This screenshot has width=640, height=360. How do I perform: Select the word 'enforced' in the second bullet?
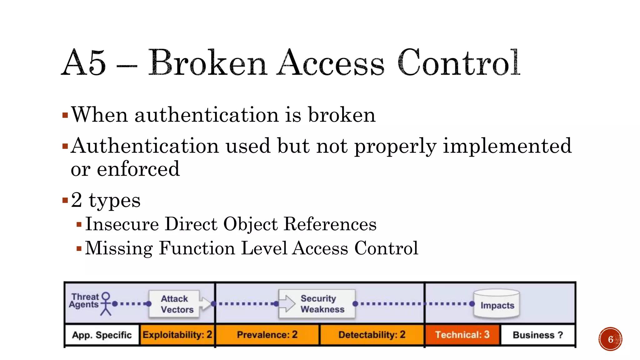[x=138, y=169]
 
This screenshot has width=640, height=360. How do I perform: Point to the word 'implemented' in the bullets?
[x=507, y=146]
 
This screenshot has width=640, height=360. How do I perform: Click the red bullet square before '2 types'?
[x=65, y=200]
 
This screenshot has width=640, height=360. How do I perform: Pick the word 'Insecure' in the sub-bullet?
[x=122, y=224]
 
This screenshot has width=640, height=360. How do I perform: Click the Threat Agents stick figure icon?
[x=106, y=304]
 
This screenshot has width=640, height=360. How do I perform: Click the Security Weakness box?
[x=317, y=304]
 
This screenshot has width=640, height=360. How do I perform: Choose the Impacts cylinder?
[x=497, y=304]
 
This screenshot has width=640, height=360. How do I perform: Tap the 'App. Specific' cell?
[x=102, y=335]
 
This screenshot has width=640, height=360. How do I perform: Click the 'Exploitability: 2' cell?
[x=177, y=335]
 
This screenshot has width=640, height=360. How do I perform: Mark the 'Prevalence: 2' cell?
[x=267, y=335]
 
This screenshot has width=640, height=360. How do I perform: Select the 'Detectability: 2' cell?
[x=372, y=335]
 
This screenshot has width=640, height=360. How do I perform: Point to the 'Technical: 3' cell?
[x=462, y=335]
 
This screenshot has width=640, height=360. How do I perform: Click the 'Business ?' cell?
[x=538, y=335]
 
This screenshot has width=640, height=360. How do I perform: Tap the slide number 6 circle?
[x=610, y=339]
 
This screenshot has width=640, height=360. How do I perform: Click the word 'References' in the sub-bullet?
[x=330, y=224]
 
